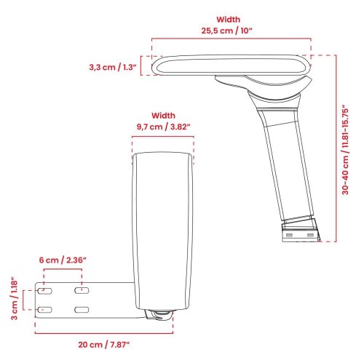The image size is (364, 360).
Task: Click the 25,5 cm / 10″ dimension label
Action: coord(227,31)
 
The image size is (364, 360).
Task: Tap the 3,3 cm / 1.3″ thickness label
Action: coord(113,67)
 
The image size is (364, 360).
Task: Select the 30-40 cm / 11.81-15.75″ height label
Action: coord(345,149)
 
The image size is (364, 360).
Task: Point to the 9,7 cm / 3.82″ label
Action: coord(163,127)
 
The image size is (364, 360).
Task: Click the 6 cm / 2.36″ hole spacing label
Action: coord(63,260)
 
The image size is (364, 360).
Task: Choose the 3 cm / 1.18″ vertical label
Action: coord(15,300)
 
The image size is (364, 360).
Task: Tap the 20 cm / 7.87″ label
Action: coord(104,345)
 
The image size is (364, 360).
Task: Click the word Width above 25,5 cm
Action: coord(229,20)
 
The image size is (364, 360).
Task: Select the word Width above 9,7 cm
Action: coord(163,116)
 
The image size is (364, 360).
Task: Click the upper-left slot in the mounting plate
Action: coord(45,290)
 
